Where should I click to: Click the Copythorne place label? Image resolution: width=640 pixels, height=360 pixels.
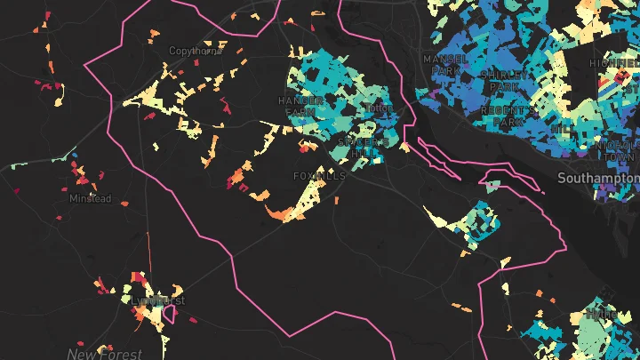[x=194, y=52]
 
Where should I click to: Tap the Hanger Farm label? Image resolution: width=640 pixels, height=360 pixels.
[x=300, y=107]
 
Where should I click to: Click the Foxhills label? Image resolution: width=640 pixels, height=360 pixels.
[x=318, y=176]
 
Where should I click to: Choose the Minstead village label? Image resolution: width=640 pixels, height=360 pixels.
[x=91, y=199]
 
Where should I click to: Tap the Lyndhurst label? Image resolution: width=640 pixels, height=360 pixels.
[x=157, y=301]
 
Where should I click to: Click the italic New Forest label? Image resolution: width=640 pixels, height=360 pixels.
[x=104, y=354]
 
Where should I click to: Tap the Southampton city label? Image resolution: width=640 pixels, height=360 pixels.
[x=598, y=179]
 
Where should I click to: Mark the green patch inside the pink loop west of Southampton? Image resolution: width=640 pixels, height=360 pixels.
[x=493, y=185]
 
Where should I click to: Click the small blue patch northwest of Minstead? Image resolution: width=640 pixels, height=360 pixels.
[x=75, y=156]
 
